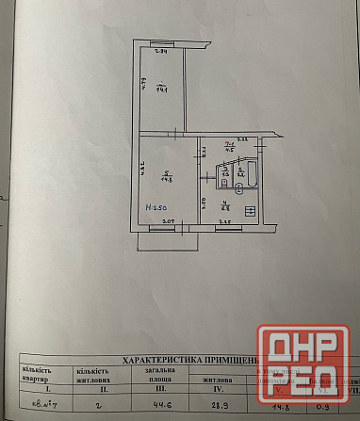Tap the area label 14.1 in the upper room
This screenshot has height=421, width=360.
pos(161,90)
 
